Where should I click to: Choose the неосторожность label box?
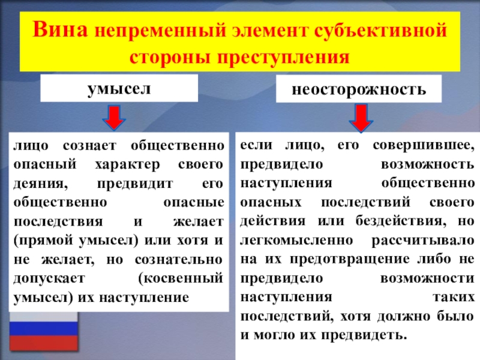(x=359, y=91)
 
